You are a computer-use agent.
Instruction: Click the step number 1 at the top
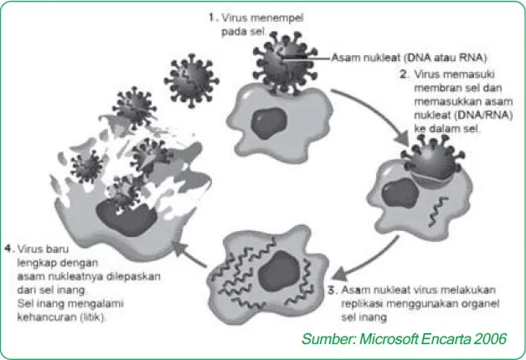tap(213, 18)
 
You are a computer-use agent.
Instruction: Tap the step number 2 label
tap(405, 74)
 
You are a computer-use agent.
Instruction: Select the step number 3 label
tap(333, 291)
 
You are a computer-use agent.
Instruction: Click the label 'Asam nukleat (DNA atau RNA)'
tap(409, 58)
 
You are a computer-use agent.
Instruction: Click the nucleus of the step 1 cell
tap(269, 123)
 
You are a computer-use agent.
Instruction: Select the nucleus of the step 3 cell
tap(279, 271)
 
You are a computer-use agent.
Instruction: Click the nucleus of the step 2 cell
tap(400, 193)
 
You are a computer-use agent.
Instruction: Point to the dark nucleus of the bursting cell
tap(126, 219)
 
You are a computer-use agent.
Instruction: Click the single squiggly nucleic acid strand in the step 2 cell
tap(438, 211)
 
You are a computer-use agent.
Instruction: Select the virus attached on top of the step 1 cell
tap(285, 64)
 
